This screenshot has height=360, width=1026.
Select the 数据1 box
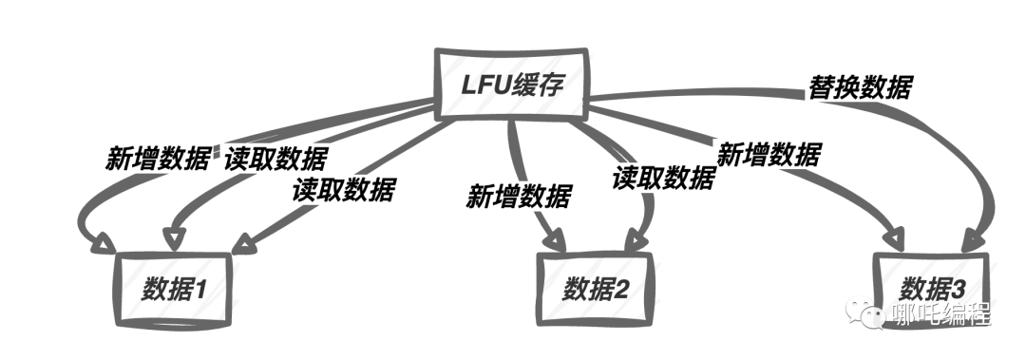click(x=176, y=286)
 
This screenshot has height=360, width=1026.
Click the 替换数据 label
click(x=859, y=87)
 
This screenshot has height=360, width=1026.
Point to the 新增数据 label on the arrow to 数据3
click(x=768, y=154)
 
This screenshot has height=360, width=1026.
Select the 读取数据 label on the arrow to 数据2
click(x=663, y=177)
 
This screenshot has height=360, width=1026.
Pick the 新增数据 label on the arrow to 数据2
click(x=518, y=197)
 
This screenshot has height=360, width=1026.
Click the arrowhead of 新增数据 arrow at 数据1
click(x=100, y=244)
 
